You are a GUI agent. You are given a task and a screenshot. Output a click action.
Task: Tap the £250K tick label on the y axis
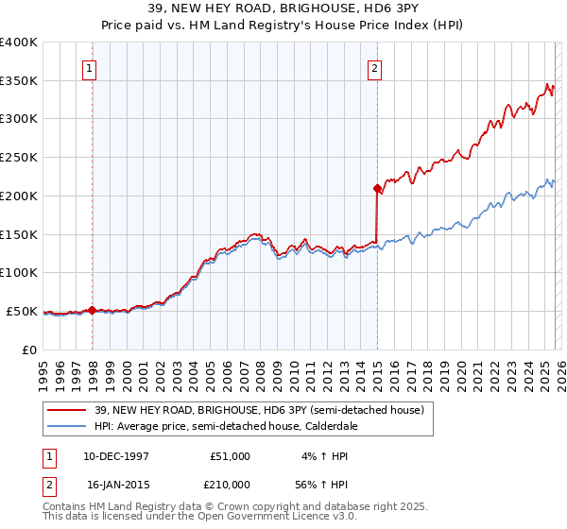tap(19, 158)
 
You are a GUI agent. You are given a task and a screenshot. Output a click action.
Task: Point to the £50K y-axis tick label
tap(23, 311)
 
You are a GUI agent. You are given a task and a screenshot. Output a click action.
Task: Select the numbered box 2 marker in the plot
tap(375, 68)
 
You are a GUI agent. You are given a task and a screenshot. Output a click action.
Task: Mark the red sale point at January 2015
tap(377, 188)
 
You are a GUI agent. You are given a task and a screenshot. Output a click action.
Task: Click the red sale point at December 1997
tap(92, 310)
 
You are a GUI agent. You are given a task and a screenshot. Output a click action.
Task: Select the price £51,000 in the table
tap(230, 456)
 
